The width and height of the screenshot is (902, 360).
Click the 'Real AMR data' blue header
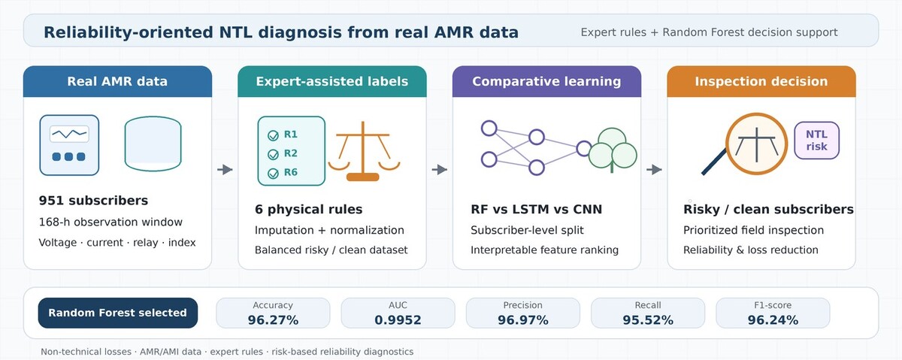(117, 81)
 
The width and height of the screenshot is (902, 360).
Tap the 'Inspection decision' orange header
(761, 81)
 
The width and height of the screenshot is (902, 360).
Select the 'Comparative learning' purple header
(546, 81)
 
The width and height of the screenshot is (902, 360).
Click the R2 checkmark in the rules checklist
(273, 154)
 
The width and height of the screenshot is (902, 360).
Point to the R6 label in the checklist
(290, 172)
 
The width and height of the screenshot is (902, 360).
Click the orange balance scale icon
(364, 151)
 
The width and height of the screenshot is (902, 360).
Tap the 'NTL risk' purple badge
(816, 141)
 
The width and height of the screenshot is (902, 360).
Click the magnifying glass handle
(714, 162)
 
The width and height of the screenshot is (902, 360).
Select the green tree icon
(613, 150)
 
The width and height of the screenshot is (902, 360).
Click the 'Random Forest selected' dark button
(117, 313)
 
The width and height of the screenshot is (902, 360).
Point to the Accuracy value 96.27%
(273, 320)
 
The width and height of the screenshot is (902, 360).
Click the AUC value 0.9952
(398, 320)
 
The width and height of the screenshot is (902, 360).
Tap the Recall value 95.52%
(648, 320)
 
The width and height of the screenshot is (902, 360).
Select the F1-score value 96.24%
(773, 320)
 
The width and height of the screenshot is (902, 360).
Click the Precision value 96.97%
(522, 320)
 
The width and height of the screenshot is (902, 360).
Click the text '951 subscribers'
(93, 201)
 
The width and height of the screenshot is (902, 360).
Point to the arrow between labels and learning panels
(439, 170)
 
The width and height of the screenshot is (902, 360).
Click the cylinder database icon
(153, 144)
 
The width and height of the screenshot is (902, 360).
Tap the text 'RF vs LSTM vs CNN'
(537, 210)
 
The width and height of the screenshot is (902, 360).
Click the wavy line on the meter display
(69, 134)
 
